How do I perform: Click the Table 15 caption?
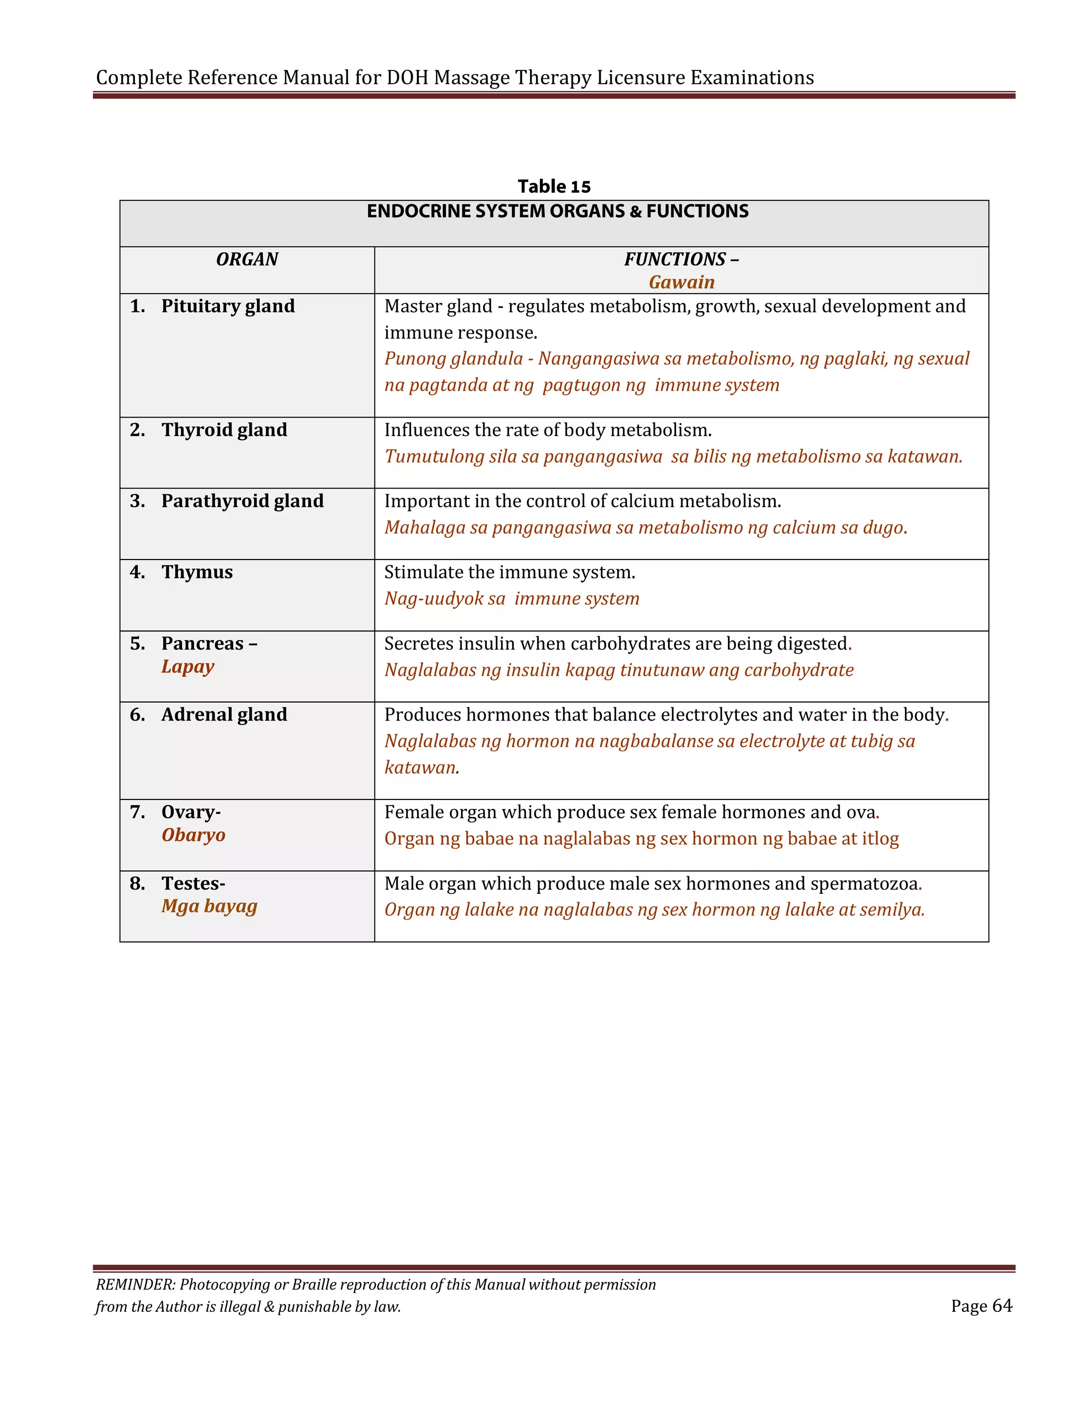click(554, 186)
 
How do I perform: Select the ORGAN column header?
click(247, 259)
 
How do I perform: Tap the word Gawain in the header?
click(681, 282)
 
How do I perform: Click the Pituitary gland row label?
click(227, 306)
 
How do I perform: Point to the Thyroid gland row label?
click(224, 430)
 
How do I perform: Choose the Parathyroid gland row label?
click(242, 501)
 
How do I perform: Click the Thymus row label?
click(197, 572)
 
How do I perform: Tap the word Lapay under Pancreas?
click(188, 667)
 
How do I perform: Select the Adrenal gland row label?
click(224, 715)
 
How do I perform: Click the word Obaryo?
click(193, 835)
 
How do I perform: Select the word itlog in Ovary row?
click(881, 839)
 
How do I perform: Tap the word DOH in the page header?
click(407, 78)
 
